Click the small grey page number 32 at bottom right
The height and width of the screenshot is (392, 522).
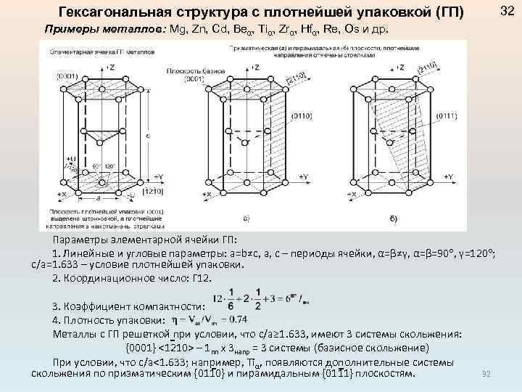tap(486, 373)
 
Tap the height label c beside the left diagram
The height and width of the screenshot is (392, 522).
tap(149, 135)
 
